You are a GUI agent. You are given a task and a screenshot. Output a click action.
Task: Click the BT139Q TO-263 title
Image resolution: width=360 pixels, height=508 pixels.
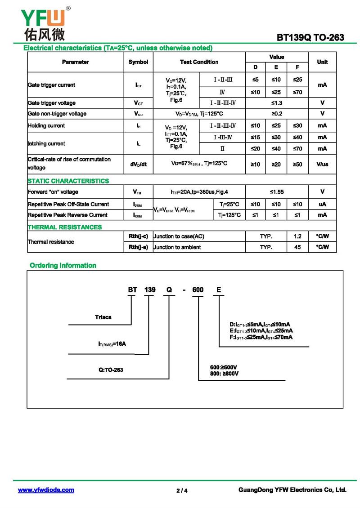pyautogui.click(x=310, y=38)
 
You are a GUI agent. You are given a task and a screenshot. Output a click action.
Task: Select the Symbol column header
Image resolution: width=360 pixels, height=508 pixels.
pyautogui.click(x=138, y=62)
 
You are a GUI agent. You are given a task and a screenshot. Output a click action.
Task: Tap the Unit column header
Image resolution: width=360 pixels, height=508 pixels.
pyautogui.click(x=322, y=62)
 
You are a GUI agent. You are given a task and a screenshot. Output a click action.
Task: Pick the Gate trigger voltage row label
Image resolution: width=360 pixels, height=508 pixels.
pyautogui.click(x=52, y=103)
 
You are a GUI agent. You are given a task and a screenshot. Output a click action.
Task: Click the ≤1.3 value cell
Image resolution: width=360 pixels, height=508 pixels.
pyautogui.click(x=276, y=103)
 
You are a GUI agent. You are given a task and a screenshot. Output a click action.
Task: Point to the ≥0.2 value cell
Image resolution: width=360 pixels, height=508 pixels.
pyautogui.click(x=276, y=114)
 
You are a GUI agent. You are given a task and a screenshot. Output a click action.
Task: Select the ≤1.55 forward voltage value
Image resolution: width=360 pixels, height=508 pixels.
pyautogui.click(x=276, y=192)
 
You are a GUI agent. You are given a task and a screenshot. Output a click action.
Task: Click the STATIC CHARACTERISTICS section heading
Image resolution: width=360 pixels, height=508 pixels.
pyautogui.click(x=68, y=181)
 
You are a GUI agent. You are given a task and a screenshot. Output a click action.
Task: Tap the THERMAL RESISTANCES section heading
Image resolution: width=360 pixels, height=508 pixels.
pyautogui.click(x=65, y=227)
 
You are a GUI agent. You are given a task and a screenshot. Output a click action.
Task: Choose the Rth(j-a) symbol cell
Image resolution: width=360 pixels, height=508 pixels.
pyautogui.click(x=138, y=247)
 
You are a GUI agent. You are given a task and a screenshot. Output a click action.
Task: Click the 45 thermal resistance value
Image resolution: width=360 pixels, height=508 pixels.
pyautogui.click(x=297, y=247)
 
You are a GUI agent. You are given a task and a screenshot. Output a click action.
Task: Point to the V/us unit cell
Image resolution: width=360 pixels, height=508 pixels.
pyautogui.click(x=322, y=165)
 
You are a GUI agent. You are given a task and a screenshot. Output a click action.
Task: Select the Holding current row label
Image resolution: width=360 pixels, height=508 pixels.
pyautogui.click(x=46, y=125)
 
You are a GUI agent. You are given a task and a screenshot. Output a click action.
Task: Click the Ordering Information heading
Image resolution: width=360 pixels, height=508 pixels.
pyautogui.click(x=63, y=265)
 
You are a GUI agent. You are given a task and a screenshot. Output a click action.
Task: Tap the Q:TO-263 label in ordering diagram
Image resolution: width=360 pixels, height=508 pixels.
pyautogui.click(x=111, y=370)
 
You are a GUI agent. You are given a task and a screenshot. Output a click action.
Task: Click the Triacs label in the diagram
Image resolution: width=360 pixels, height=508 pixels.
pyautogui.click(x=103, y=317)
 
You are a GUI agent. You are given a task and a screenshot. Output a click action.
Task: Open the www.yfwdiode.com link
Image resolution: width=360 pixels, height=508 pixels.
pyautogui.click(x=46, y=490)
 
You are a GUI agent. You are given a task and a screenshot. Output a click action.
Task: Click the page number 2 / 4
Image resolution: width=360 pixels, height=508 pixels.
pyautogui.click(x=182, y=490)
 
